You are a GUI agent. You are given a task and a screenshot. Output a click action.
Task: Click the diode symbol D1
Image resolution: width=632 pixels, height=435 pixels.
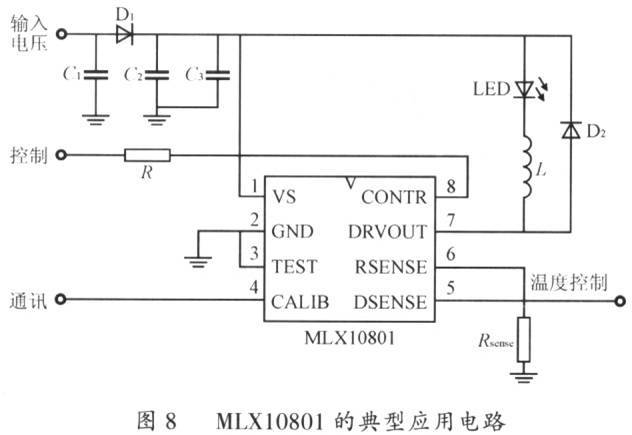(x=124, y=35)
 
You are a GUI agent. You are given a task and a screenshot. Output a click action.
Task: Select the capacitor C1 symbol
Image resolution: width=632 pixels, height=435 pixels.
(x=96, y=75)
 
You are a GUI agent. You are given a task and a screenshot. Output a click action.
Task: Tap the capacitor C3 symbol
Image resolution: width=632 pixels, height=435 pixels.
(x=218, y=75)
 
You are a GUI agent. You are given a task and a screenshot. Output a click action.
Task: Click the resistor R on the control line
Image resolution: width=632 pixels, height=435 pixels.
(x=147, y=155)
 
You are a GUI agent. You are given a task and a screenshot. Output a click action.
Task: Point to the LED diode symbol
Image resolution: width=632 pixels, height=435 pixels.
(x=524, y=89)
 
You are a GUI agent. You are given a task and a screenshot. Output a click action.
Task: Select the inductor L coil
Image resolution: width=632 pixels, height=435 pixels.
(x=526, y=167)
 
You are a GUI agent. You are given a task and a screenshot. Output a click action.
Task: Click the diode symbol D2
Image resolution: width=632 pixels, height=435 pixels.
(x=571, y=130)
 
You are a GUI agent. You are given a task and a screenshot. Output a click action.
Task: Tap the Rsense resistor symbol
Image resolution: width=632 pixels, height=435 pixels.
(x=524, y=339)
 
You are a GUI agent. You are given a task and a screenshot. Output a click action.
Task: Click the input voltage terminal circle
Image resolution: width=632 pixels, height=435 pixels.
(x=61, y=34)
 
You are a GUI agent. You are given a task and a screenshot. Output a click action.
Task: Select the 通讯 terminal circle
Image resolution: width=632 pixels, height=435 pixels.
(x=61, y=300)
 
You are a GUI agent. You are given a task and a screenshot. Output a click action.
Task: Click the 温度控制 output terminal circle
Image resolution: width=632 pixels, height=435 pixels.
(x=621, y=301)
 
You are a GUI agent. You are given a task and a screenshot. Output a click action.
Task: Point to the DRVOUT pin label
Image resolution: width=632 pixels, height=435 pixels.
(x=387, y=232)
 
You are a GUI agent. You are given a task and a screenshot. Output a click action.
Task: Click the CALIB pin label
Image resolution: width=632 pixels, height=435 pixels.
(x=300, y=302)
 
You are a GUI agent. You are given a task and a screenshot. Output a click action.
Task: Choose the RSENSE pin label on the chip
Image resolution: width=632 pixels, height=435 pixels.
(x=391, y=267)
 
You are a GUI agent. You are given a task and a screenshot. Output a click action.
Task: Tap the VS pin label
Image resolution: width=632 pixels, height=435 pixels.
(x=284, y=197)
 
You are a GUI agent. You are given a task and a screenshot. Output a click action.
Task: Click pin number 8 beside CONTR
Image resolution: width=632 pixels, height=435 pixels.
(x=451, y=186)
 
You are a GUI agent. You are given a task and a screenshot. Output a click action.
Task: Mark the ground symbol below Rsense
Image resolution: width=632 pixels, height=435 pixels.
(x=524, y=378)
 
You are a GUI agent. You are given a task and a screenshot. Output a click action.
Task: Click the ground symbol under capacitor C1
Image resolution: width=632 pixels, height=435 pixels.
(x=96, y=120)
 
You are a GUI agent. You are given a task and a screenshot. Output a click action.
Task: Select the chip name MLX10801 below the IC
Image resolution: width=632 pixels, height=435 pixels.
(x=349, y=337)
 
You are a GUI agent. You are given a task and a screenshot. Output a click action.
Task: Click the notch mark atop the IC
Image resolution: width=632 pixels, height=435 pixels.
(x=350, y=183)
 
